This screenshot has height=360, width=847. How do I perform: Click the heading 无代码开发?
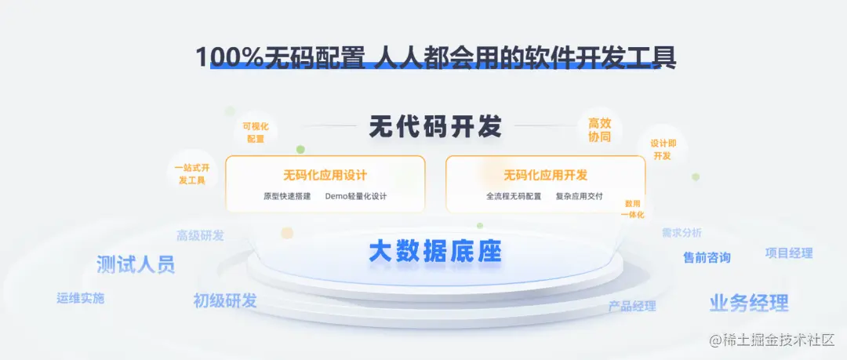(435, 126)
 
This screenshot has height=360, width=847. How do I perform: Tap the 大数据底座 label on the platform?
(435, 252)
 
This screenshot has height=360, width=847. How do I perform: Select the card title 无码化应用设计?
(325, 175)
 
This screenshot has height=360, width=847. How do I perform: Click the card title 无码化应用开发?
(545, 175)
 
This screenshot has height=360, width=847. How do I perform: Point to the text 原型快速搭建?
(287, 196)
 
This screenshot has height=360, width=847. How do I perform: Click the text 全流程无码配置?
(514, 196)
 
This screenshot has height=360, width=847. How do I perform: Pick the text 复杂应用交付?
(579, 196)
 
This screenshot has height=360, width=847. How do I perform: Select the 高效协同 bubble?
(599, 130)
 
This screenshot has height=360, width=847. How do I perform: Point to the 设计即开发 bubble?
(663, 150)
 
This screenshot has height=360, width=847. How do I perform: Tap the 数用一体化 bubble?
(634, 209)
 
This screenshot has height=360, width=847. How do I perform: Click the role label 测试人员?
(136, 264)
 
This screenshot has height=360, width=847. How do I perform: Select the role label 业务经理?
(749, 303)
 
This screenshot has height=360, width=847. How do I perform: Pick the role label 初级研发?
(225, 300)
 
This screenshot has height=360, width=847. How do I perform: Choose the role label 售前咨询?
(707, 257)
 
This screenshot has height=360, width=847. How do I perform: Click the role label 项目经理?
(789, 253)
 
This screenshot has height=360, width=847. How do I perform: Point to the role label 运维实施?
(80, 298)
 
